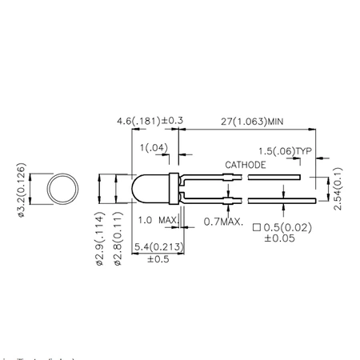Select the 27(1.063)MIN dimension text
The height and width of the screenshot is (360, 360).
click(x=251, y=121)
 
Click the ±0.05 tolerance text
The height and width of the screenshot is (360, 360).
click(x=285, y=238)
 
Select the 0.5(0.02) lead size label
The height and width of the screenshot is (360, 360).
click(x=290, y=226)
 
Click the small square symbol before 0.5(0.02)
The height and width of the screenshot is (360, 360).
click(x=257, y=226)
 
